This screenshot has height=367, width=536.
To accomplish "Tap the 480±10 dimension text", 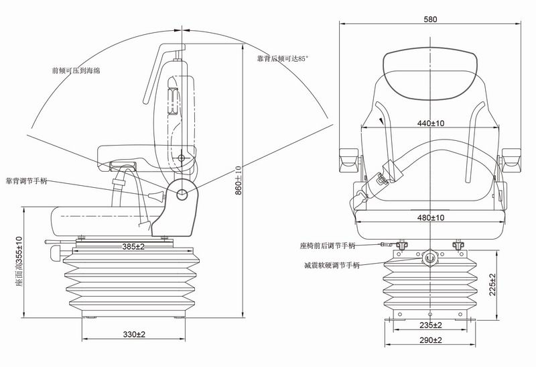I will pos(431,217).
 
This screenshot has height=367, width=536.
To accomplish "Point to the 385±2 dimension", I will pos(133,246).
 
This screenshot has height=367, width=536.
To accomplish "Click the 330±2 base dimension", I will pos(134,333).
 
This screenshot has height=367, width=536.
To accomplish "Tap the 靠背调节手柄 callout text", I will pos(27,181).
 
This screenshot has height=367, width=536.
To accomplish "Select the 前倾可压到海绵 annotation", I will pos(76,70).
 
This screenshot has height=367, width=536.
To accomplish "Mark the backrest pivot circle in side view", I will pos(183,193).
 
